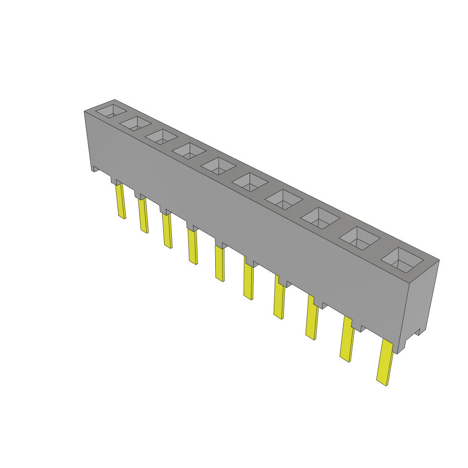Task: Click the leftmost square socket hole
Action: point(110,111)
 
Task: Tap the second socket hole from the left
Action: point(135,123)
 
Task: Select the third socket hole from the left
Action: point(161,136)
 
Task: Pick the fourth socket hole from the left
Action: point(189,150)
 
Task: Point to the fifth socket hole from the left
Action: point(218,165)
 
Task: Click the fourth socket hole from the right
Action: point(284,199)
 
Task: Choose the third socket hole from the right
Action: point(320,218)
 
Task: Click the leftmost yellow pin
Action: point(121,201)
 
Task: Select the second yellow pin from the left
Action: point(144,215)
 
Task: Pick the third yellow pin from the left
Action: point(167,231)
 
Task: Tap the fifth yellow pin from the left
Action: point(220,264)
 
